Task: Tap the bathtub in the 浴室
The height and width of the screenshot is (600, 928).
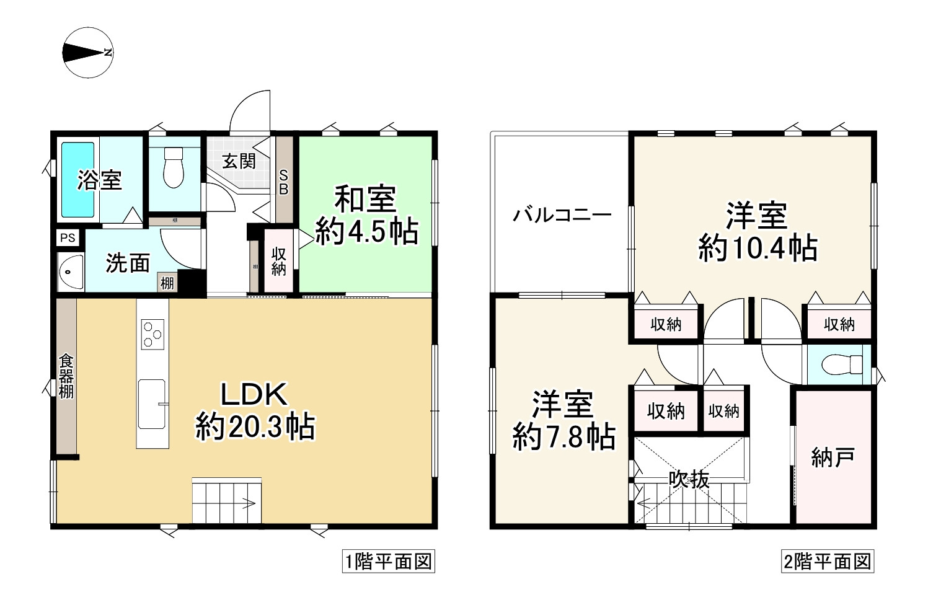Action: coord(77,179)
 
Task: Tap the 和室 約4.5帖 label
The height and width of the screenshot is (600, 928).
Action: coord(366,216)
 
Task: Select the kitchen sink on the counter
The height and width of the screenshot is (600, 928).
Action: coord(152,404)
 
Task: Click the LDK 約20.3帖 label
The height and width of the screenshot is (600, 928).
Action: coord(255,410)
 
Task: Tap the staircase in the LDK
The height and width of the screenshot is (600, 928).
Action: coord(227,501)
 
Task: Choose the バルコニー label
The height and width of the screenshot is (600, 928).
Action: coord(562,216)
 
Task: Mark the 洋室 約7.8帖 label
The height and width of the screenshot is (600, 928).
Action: coord(563,420)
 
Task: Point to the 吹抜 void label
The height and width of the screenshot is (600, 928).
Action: coord(689,479)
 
